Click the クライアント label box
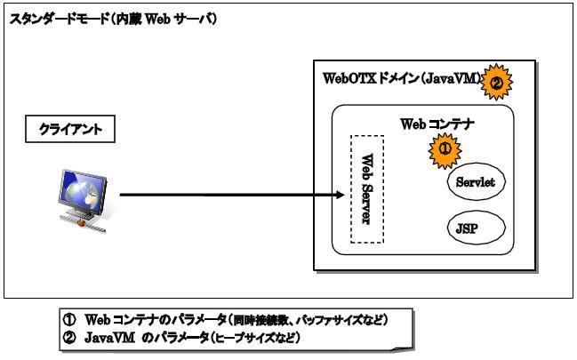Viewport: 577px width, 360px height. pos(70,130)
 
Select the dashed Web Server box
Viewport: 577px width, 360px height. pos(366,189)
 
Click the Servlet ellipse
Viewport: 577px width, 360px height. pos(475,183)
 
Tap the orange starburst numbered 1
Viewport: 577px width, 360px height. pos(445,149)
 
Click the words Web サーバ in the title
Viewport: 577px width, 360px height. pos(186,19)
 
